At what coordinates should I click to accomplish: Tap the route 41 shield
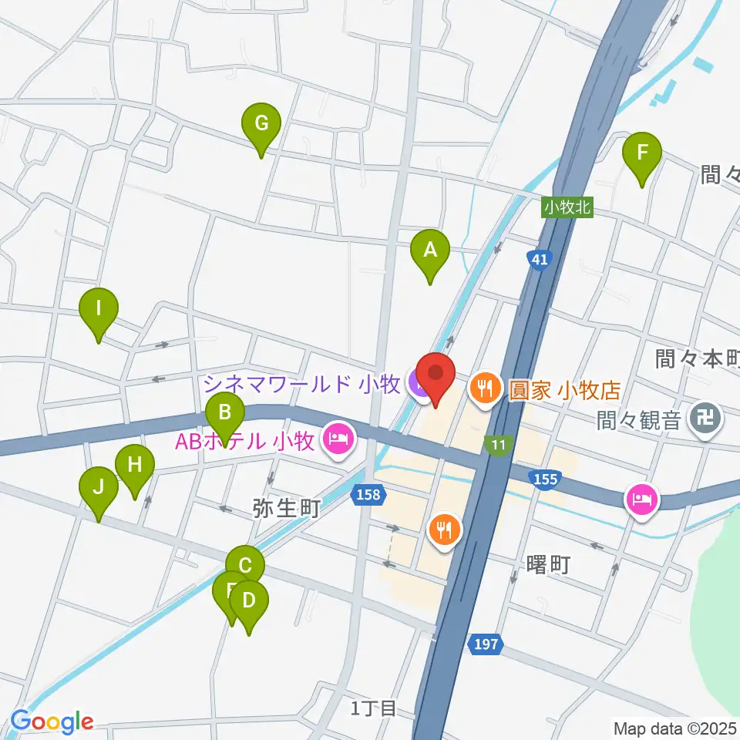coord(539,260)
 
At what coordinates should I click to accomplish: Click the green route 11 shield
coord(496,444)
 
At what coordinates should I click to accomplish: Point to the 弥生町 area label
coord(285,510)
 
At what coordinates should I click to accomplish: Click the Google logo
coord(52,721)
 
